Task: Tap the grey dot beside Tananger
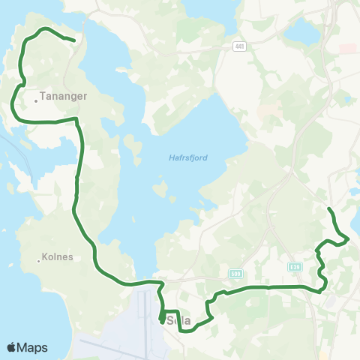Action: point(36,96)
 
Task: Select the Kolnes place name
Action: point(59,256)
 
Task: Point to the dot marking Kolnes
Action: point(38,261)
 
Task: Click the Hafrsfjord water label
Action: point(189,157)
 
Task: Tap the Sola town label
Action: point(180,321)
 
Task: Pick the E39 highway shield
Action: point(295,266)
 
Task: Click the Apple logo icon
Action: point(12,347)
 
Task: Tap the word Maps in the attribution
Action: point(33,347)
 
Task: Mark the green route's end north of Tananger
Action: point(73,40)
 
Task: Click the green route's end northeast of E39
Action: point(329,208)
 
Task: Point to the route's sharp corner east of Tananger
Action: point(76,118)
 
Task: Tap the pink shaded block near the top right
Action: point(347,49)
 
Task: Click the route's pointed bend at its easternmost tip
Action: point(349,238)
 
